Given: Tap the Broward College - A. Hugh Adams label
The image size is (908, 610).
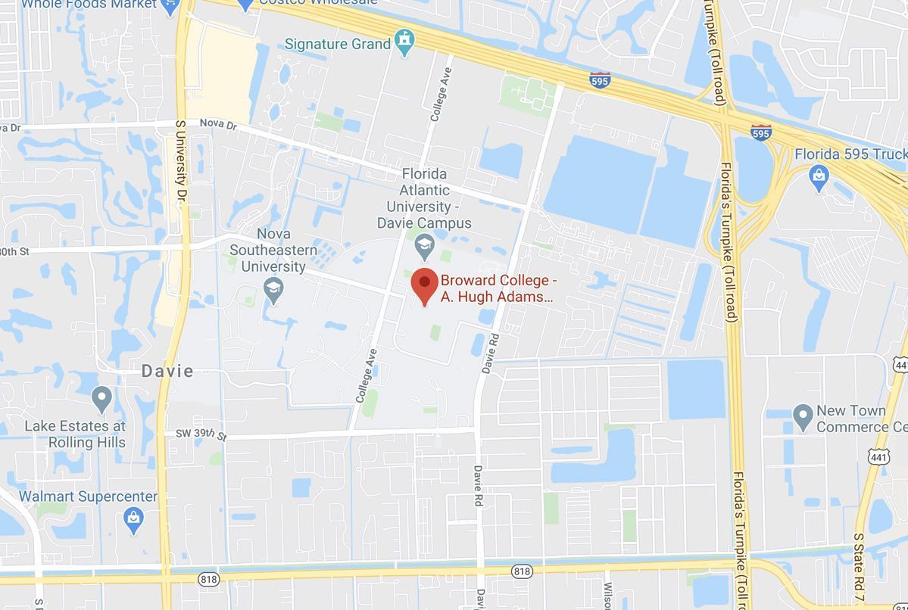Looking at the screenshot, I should pos(498,288).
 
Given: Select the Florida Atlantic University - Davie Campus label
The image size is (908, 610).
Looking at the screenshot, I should pos(424,198).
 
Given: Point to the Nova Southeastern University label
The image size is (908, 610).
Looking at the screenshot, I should pos(273,250).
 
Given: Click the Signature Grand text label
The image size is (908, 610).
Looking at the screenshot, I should pos(338,44).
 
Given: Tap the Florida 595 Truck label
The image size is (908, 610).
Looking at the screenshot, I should pos(850,154).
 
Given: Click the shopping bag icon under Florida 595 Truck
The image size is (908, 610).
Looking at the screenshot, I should pos(819,179).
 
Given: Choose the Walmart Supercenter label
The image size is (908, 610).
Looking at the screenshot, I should pos(88,496).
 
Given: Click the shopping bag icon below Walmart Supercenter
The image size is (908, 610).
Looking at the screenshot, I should pos(133,520).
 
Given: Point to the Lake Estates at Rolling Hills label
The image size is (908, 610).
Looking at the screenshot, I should pos(75,434).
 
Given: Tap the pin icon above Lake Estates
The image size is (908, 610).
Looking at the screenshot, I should pos(101,397).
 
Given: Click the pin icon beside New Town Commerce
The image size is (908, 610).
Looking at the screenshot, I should pos(803,416).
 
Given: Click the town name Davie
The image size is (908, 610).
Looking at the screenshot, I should pos(168,371).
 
